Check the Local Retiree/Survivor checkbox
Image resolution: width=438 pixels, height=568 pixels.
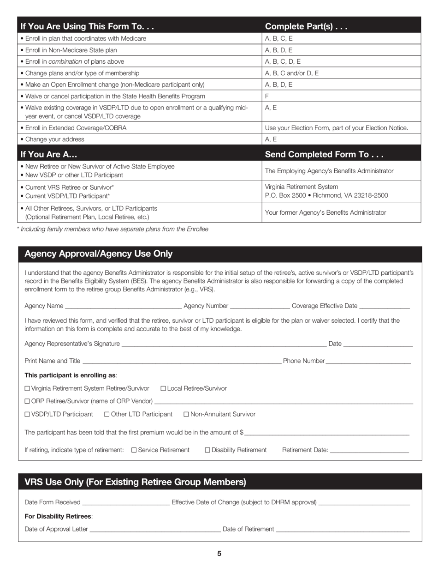pyautogui.click(x=163, y=388)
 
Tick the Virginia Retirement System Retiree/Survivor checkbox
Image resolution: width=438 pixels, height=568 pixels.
pyautogui.click(x=27, y=388)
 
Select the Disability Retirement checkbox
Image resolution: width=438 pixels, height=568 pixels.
pyautogui.click(x=207, y=450)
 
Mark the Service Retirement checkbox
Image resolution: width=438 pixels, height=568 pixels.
pyautogui.click(x=134, y=450)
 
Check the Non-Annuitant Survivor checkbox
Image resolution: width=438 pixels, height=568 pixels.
pyautogui.click(x=186, y=414)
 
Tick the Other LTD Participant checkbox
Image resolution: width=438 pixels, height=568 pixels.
pyautogui.click(x=107, y=414)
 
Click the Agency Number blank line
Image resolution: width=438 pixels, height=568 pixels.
pyautogui.click(x=260, y=307)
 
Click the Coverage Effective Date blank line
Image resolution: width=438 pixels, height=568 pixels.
pyautogui.click(x=384, y=307)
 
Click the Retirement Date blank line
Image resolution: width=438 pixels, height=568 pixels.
pyautogui.click(x=369, y=451)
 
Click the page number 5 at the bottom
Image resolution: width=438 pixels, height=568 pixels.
pyautogui.click(x=219, y=554)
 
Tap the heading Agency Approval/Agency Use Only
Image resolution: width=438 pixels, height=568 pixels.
pyautogui.click(x=99, y=254)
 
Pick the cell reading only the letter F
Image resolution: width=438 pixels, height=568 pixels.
pyautogui.click(x=267, y=96)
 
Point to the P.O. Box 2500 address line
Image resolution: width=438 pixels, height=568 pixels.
pyautogui.click(x=326, y=195)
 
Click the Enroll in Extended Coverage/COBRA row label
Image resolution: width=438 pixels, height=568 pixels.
pyautogui.click(x=74, y=128)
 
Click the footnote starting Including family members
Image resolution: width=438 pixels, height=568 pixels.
pyautogui.click(x=112, y=229)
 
